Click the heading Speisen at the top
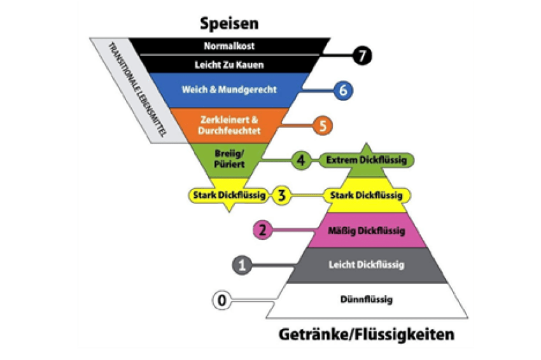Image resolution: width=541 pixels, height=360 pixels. pyautogui.click(x=229, y=24)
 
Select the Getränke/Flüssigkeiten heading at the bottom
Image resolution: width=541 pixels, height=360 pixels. pyautogui.click(x=367, y=333)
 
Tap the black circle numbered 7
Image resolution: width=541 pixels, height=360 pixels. pyautogui.click(x=362, y=56)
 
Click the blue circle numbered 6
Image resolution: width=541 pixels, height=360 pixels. pyautogui.click(x=342, y=90)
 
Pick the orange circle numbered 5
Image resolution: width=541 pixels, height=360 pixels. pyautogui.click(x=323, y=125)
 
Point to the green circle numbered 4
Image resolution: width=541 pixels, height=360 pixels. pyautogui.click(x=300, y=160)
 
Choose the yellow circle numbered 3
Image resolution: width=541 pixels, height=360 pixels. pyautogui.click(x=281, y=195)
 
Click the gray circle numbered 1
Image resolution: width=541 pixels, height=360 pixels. pyautogui.click(x=241, y=265)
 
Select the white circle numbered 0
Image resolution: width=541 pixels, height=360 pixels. pyautogui.click(x=221, y=300)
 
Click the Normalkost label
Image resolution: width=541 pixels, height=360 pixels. pyautogui.click(x=229, y=46)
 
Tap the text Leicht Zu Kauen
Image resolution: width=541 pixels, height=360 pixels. pyautogui.click(x=229, y=64)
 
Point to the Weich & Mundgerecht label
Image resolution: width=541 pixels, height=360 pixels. pyautogui.click(x=229, y=90)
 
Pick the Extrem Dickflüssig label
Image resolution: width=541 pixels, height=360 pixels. pyautogui.click(x=366, y=160)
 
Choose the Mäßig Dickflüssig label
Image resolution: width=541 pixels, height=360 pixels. pyautogui.click(x=366, y=230)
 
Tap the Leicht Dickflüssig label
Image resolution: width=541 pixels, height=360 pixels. pyautogui.click(x=366, y=265)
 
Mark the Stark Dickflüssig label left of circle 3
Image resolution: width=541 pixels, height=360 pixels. pyautogui.click(x=228, y=195)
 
